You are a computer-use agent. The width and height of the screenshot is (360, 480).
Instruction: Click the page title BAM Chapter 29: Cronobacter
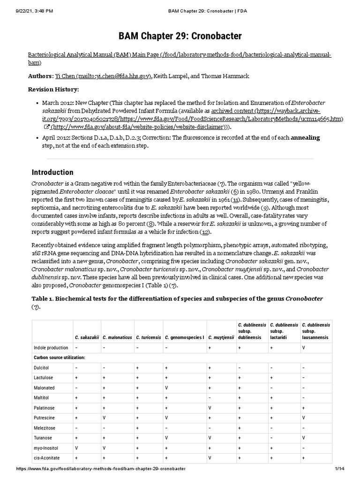click(180, 36)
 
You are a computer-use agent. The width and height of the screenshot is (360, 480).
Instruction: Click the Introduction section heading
click(52, 172)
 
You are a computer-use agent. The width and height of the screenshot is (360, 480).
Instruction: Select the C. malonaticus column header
click(117, 337)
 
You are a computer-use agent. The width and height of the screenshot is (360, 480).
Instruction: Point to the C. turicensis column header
click(148, 337)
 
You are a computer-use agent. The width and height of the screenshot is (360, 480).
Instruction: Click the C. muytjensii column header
click(221, 337)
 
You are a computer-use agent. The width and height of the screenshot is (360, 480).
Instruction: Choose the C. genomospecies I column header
click(184, 337)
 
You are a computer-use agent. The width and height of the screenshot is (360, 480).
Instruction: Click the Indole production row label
click(51, 348)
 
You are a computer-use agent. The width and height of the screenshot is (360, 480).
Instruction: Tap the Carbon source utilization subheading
click(60, 358)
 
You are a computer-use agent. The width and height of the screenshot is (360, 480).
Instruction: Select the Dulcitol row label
click(41, 368)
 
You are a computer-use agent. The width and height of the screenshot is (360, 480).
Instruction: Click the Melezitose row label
click(44, 428)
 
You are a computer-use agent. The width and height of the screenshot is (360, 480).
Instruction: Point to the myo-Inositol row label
click(45, 448)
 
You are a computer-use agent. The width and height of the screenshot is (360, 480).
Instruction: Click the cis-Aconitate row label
click(45, 458)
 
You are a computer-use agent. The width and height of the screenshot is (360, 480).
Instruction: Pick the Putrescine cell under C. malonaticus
click(105, 418)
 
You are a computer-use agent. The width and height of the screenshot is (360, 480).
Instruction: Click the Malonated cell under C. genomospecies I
click(166, 388)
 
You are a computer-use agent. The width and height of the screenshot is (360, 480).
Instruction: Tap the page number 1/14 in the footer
click(339, 469)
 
